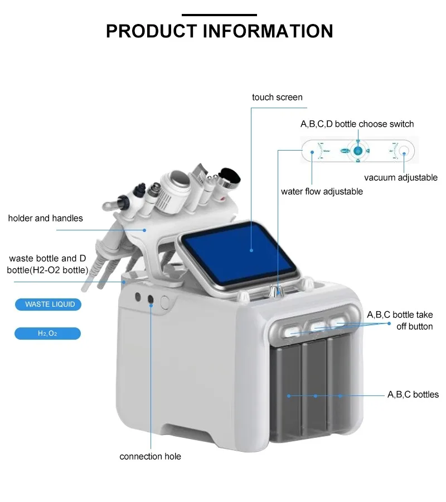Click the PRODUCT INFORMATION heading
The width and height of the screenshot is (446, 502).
tap(219, 31)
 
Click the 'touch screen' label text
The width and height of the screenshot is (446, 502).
tap(277, 97)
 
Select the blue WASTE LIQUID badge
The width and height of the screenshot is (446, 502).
tap(47, 305)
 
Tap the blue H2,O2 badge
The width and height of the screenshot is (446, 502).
tap(47, 334)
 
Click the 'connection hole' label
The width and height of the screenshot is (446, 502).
tap(150, 456)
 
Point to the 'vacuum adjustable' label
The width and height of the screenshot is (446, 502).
tap(400, 177)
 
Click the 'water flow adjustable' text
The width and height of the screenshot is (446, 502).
tap(322, 191)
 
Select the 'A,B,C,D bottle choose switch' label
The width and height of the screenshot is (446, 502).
tap(357, 124)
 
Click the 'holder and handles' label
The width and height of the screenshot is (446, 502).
tap(45, 218)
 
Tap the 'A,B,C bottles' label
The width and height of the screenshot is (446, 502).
tap(413, 394)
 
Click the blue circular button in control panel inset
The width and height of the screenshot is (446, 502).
tap(358, 151)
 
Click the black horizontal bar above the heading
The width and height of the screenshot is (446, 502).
tap(219, 15)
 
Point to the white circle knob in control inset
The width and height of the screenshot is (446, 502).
tap(404, 151)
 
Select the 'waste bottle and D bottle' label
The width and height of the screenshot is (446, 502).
tap(49, 264)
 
